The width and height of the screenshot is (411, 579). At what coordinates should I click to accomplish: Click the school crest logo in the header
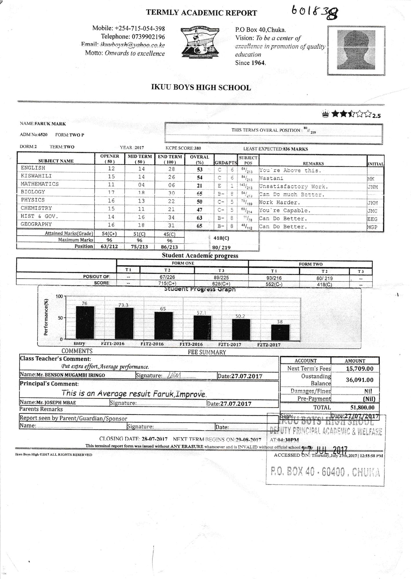200,42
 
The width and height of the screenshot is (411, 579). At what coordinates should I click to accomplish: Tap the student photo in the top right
356,51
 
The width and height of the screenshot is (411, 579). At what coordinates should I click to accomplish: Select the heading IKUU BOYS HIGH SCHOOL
201,88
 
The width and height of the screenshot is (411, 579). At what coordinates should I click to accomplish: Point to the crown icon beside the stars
326,114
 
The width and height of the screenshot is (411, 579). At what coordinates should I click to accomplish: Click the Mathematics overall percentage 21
199,186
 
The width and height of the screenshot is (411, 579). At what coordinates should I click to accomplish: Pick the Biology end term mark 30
171,193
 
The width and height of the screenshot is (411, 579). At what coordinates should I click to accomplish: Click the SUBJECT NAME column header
56,161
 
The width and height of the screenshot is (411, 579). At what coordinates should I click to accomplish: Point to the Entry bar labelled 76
85,322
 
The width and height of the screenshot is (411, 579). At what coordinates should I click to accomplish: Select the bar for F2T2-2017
280,332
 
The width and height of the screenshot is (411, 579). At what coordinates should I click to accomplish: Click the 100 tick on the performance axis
59,296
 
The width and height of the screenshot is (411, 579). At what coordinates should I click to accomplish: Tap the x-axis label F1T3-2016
191,345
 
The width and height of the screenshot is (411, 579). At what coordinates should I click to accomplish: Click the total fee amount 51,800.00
362,408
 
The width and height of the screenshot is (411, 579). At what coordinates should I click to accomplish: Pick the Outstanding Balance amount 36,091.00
359,380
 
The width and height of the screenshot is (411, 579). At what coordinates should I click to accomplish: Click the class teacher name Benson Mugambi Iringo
71,375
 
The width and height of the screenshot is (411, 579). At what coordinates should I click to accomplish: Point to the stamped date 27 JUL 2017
324,451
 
